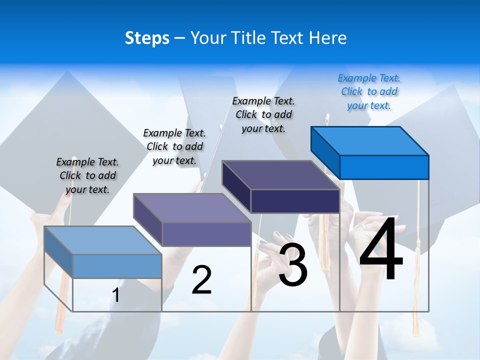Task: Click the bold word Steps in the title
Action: click(x=147, y=38)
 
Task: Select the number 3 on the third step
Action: click(x=293, y=265)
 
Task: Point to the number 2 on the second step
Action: click(x=202, y=280)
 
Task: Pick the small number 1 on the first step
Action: click(x=116, y=295)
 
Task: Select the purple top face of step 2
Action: click(x=192, y=208)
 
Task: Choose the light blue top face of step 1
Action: click(x=103, y=240)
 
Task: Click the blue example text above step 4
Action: click(x=369, y=91)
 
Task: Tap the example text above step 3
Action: click(x=263, y=114)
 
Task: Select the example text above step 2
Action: click(x=174, y=146)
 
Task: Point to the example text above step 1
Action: click(x=87, y=175)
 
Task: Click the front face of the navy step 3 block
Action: click(x=295, y=201)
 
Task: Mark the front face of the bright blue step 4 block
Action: click(x=384, y=167)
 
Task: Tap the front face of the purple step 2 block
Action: click(x=206, y=234)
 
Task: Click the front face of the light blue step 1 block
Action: click(x=117, y=266)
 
